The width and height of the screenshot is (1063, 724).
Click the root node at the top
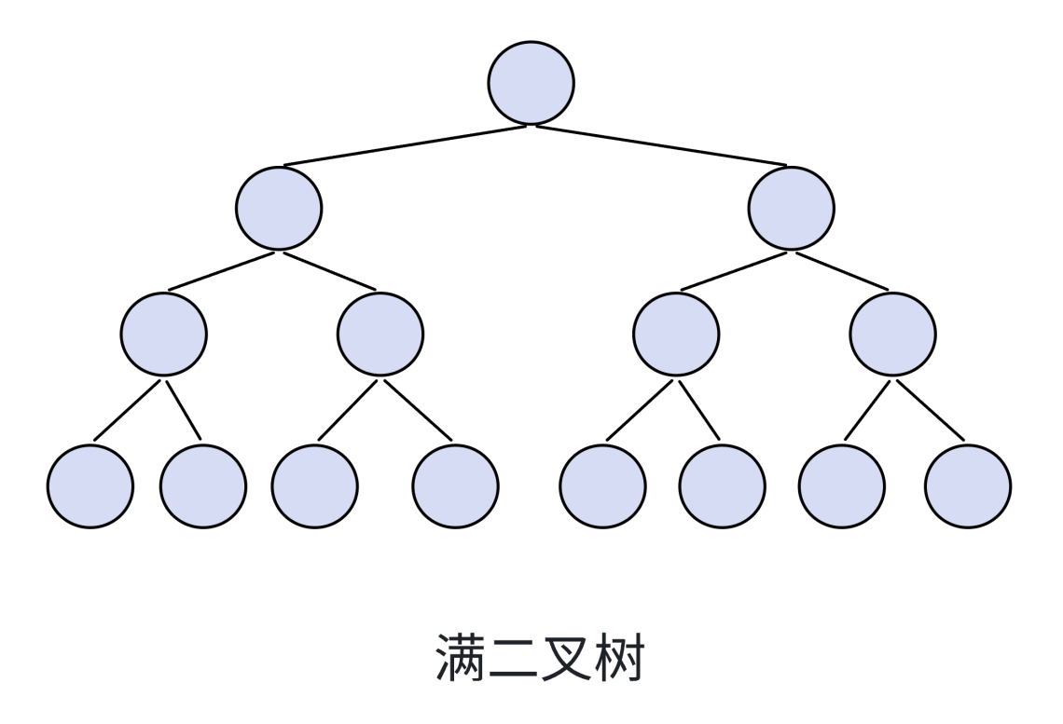pyautogui.click(x=531, y=82)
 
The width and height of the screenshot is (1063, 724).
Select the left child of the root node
pyautogui.click(x=279, y=208)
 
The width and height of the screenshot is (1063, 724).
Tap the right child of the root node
pyautogui.click(x=792, y=208)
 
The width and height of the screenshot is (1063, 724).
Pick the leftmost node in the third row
pyautogui.click(x=163, y=335)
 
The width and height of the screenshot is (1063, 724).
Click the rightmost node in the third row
pyautogui.click(x=893, y=335)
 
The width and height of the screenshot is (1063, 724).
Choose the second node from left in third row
pyautogui.click(x=380, y=335)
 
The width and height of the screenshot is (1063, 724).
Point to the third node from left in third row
pyautogui.click(x=676, y=335)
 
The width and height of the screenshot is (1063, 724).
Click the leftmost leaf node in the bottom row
pyautogui.click(x=90, y=486)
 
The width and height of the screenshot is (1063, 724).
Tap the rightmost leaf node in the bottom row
pyautogui.click(x=968, y=486)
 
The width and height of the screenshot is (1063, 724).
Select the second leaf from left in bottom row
pyautogui.click(x=203, y=486)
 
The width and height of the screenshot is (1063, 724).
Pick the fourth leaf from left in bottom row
pyautogui.click(x=455, y=486)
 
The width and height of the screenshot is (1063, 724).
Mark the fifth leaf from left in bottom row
pyautogui.click(x=602, y=486)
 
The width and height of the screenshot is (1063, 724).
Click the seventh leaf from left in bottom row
pyautogui.click(x=842, y=486)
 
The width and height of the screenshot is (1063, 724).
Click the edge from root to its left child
pyautogui.click(x=406, y=145)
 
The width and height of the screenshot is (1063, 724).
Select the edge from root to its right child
pyautogui.click(x=661, y=145)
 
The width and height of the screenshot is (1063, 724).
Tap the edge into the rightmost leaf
pyautogui.click(x=931, y=410)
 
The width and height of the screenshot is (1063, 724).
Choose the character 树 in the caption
pyautogui.click(x=617, y=658)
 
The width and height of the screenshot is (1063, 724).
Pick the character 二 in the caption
pyautogui.click(x=514, y=658)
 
